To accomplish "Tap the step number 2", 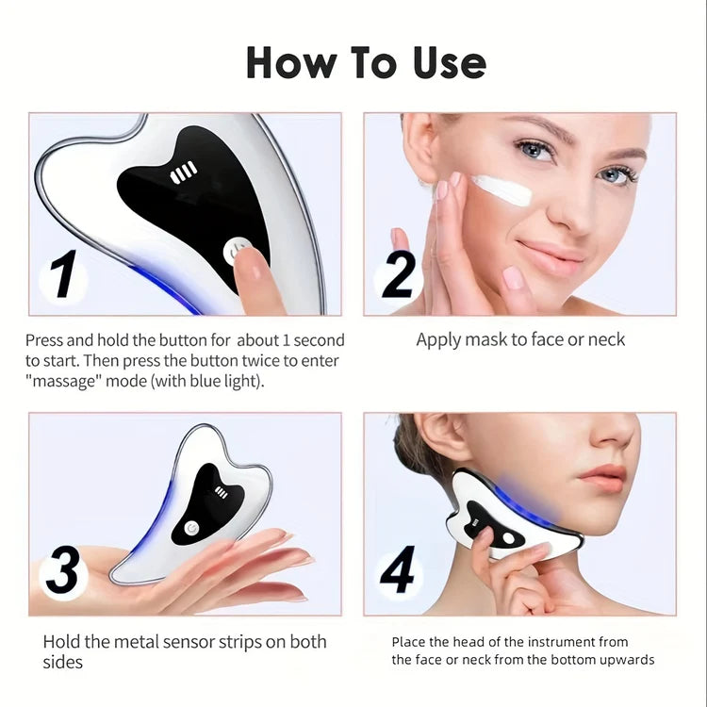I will (x=398, y=276).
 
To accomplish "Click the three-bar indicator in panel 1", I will (x=184, y=173).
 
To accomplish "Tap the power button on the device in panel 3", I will (x=190, y=528).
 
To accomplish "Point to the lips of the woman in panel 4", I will (x=603, y=478).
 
